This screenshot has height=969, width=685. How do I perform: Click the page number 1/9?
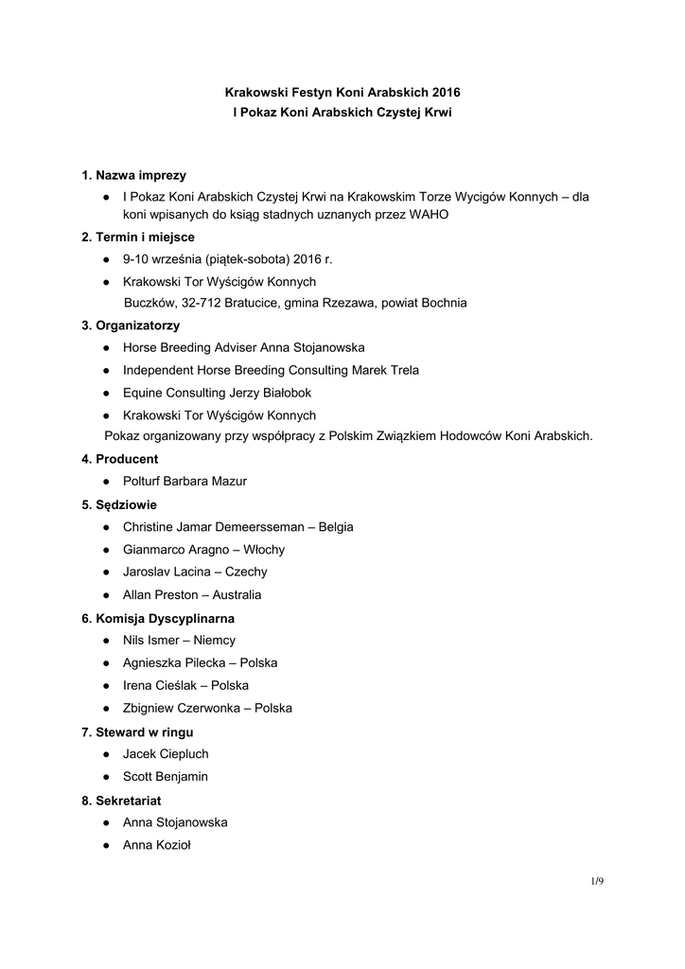pyautogui.click(x=597, y=882)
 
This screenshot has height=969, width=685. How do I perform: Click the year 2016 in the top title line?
pyautogui.click(x=447, y=94)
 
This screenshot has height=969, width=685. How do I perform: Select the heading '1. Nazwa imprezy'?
pyautogui.click(x=133, y=175)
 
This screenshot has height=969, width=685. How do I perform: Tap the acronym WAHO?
pyautogui.click(x=429, y=215)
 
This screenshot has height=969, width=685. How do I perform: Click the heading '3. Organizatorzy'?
pyautogui.click(x=131, y=326)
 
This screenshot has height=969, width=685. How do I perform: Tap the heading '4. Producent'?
pyautogui.click(x=119, y=458)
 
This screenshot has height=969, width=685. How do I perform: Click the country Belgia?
pyautogui.click(x=336, y=527)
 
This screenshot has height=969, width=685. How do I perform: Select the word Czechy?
pyautogui.click(x=246, y=573)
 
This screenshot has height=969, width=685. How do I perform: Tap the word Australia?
pyautogui.click(x=236, y=595)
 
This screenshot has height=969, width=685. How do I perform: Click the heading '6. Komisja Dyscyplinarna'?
pyautogui.click(x=158, y=618)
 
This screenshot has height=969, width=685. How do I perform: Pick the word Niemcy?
pyautogui.click(x=214, y=641)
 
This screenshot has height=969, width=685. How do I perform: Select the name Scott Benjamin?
pyautogui.click(x=166, y=777)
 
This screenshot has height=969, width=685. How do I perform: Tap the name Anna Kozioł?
pyautogui.click(x=157, y=845)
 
